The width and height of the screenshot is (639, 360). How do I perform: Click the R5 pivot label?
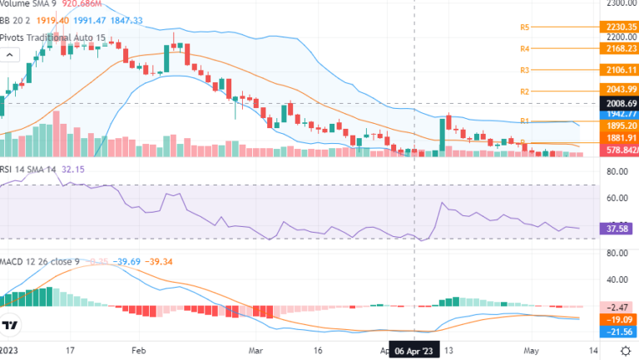(525, 27)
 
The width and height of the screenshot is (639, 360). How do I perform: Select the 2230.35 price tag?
(616, 27)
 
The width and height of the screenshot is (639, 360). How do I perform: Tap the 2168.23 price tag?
(616, 49)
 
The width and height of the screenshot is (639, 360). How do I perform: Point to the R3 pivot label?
(525, 71)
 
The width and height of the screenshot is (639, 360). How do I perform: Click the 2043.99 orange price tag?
(616, 90)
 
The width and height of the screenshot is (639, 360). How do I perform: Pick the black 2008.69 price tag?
(616, 103)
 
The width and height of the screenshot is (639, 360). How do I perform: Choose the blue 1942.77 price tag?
(616, 114)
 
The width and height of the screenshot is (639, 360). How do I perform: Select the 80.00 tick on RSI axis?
(617, 172)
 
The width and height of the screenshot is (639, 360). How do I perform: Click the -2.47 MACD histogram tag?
(616, 308)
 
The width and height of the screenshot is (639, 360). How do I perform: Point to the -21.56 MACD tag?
(616, 332)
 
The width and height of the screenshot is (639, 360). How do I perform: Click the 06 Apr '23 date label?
(414, 351)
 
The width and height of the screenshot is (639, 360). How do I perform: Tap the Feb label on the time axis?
(139, 351)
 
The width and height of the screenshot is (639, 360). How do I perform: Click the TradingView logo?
(11, 326)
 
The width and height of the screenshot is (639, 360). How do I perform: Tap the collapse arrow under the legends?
(10, 56)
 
